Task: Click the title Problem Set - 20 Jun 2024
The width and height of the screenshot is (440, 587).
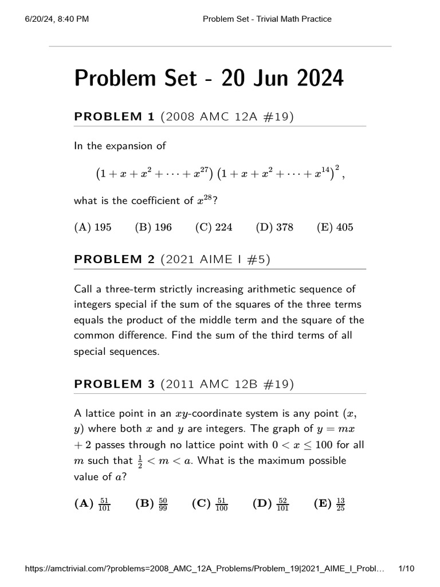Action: click(209, 78)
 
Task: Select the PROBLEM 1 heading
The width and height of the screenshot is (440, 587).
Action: click(115, 117)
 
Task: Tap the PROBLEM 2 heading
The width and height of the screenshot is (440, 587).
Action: click(115, 260)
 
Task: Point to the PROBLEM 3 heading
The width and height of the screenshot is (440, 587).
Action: click(115, 384)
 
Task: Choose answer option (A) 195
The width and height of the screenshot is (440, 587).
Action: click(93, 227)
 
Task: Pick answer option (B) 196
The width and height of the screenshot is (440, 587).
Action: click(153, 227)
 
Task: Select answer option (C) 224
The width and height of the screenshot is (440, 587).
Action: click(214, 227)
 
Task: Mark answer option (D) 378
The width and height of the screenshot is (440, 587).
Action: click(274, 227)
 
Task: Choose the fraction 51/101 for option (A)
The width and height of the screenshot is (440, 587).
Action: click(104, 504)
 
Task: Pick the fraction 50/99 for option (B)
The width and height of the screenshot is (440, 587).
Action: click(163, 504)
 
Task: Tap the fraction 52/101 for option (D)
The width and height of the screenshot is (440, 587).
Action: click(282, 504)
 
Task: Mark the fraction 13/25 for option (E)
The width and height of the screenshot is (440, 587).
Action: click(340, 504)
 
